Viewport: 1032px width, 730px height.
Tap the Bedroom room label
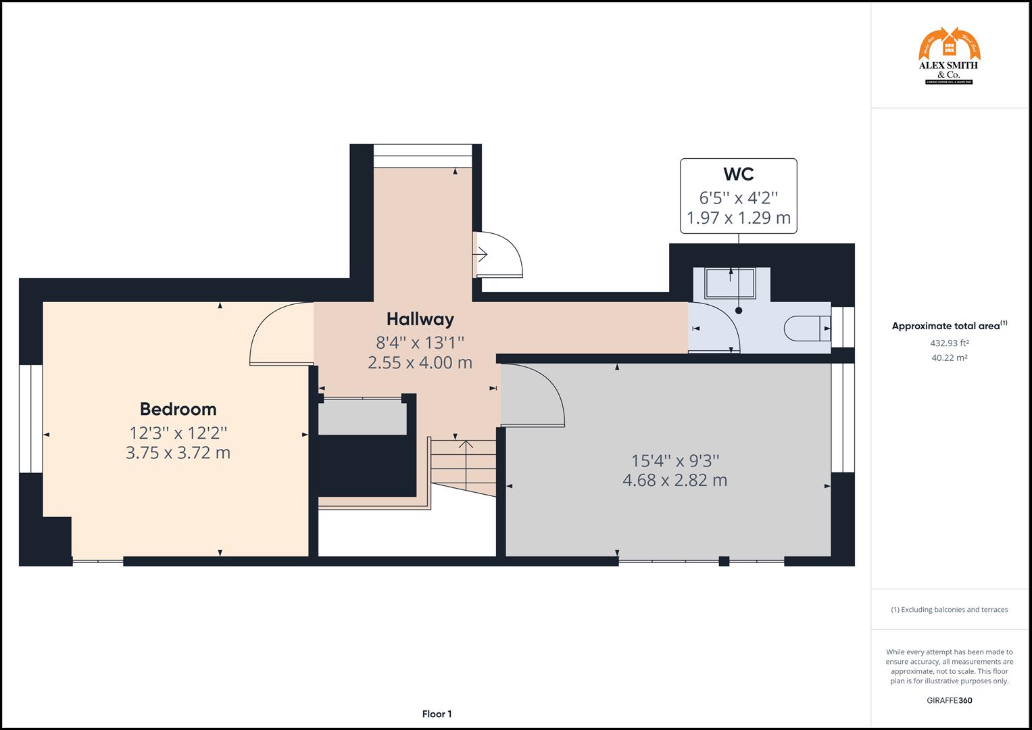[x=178, y=409]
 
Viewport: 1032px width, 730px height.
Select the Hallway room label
[x=420, y=319]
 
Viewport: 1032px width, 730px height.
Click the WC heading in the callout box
[x=738, y=174]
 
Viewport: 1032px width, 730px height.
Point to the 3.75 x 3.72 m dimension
[x=178, y=453]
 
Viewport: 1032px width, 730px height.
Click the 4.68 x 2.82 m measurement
[x=674, y=481]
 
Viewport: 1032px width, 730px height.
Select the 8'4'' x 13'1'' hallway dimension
[x=420, y=342]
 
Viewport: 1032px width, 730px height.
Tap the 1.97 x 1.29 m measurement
[x=738, y=218]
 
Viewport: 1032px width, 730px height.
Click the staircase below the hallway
[x=464, y=466]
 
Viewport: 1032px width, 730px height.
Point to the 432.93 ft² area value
[x=949, y=343]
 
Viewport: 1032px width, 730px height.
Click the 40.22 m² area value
[x=949, y=358]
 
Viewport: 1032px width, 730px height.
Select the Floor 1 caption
[x=437, y=714]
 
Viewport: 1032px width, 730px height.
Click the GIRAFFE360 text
[x=949, y=700]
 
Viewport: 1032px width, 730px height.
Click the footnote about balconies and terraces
[x=949, y=610]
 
